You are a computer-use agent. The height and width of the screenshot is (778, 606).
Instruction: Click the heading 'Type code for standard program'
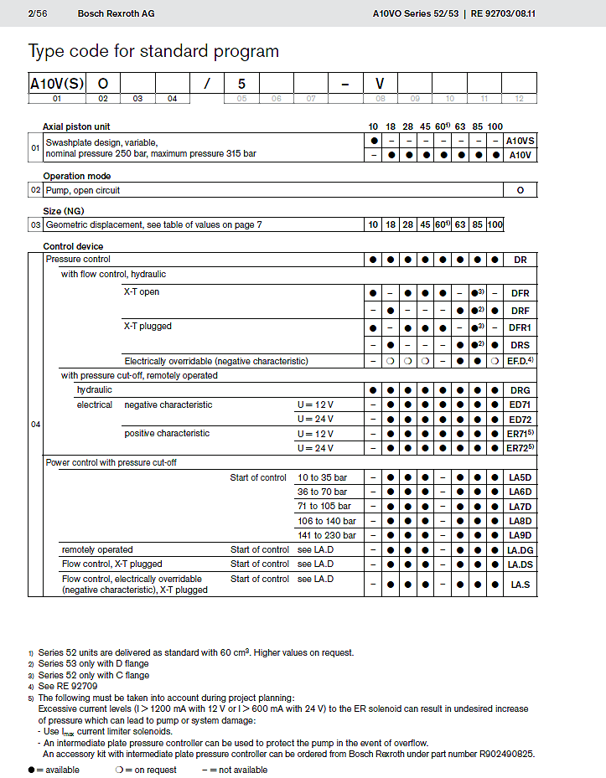[153, 51]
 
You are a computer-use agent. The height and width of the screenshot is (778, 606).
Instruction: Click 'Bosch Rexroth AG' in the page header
[116, 13]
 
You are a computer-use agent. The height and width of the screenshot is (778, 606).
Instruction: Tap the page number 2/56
[37, 13]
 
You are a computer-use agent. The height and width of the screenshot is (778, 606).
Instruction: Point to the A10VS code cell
[521, 141]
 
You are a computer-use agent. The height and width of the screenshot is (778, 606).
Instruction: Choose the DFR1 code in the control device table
[521, 327]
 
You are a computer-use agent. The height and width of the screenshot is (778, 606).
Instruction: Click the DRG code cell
[521, 390]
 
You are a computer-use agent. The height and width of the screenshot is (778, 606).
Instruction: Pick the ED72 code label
[521, 419]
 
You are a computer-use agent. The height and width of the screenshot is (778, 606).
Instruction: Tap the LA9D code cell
[521, 535]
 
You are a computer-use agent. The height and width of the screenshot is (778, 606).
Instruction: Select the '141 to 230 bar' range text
[327, 535]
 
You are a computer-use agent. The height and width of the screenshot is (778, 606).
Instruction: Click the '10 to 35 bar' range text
[323, 477]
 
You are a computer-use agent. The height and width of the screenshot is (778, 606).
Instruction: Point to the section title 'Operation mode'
[77, 176]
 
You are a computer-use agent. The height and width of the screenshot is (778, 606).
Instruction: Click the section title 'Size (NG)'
[64, 211]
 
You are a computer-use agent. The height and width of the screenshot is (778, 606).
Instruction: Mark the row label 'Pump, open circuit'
[83, 190]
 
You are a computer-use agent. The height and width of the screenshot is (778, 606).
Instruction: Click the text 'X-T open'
[142, 292]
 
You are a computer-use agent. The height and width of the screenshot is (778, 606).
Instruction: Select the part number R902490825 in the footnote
[503, 754]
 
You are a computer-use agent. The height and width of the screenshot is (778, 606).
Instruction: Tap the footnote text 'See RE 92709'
[68, 686]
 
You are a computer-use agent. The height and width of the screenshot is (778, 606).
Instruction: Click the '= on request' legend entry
[152, 770]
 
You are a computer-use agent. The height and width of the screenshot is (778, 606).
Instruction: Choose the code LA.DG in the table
[521, 549]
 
